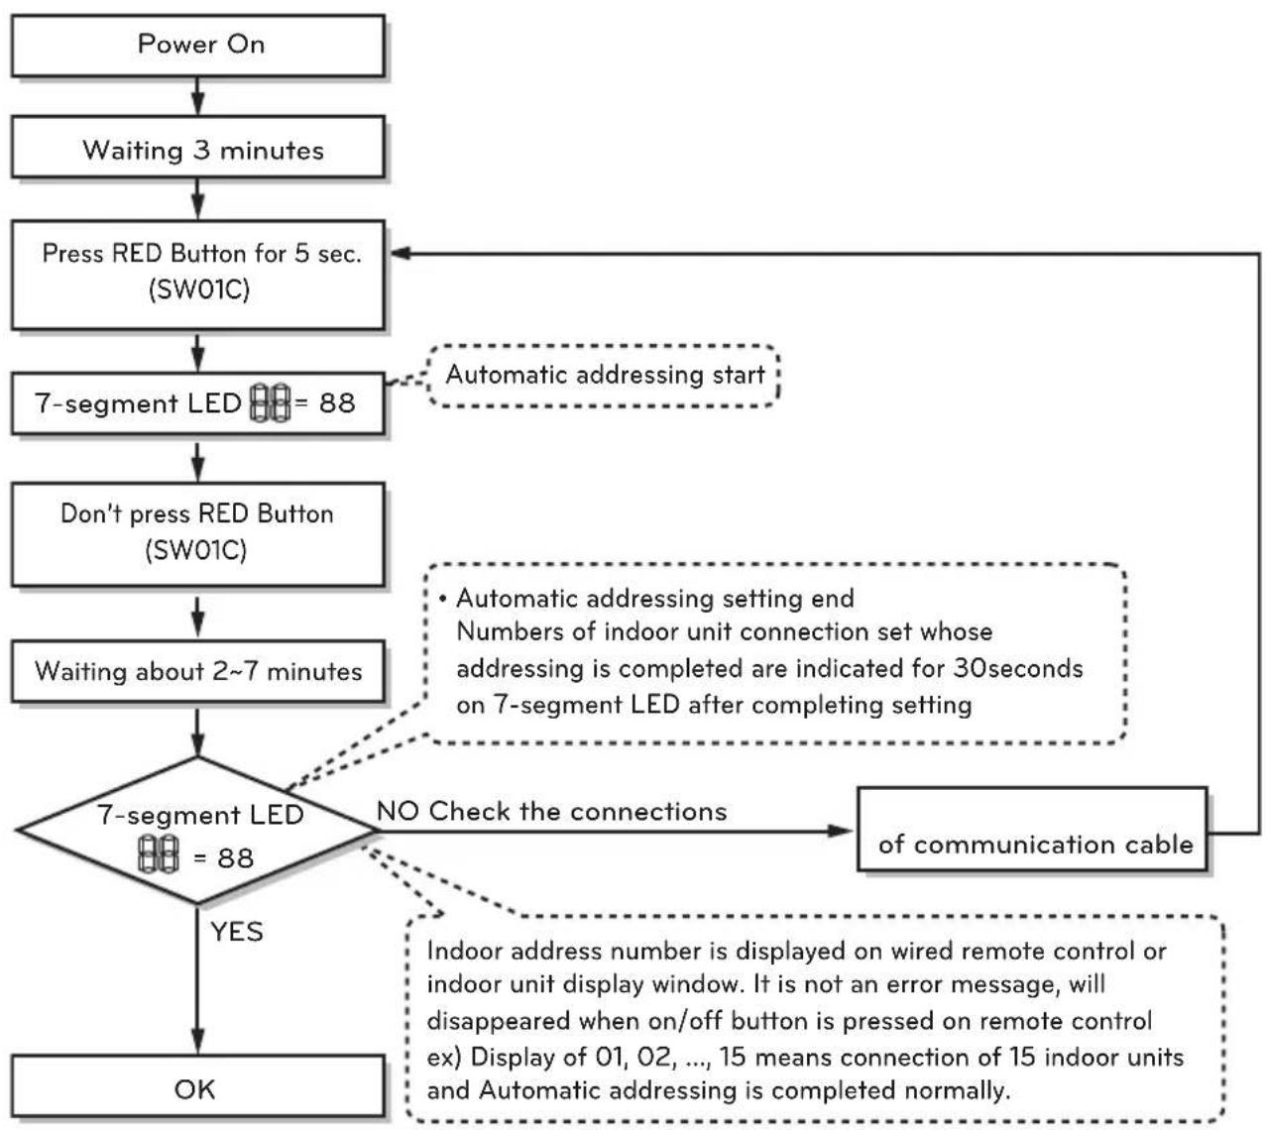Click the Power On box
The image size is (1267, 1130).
[x=197, y=46]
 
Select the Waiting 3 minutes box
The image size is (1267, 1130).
[x=197, y=147]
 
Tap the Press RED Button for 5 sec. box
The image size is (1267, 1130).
[x=197, y=275]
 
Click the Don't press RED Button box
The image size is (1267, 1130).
[x=197, y=534]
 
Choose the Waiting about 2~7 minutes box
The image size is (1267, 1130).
[x=197, y=671]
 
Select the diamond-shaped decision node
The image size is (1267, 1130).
[x=197, y=831]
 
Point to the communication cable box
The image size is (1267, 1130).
[x=1032, y=830]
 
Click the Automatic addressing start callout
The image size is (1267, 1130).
[x=604, y=376]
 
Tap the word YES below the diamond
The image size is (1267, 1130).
[x=236, y=932]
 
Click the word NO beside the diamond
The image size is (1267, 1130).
[x=397, y=811]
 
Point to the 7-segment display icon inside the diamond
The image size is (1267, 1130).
[x=159, y=854]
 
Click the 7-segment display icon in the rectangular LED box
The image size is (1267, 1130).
[x=271, y=402]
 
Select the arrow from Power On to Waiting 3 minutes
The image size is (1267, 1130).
[x=197, y=96]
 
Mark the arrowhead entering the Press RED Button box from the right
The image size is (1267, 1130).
[x=401, y=254]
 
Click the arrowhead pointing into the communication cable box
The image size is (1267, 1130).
[x=841, y=831]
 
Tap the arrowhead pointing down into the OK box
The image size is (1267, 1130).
[x=197, y=1043]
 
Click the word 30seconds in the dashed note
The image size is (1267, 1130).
[x=1017, y=668]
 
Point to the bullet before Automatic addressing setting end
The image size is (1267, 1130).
[x=442, y=599]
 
